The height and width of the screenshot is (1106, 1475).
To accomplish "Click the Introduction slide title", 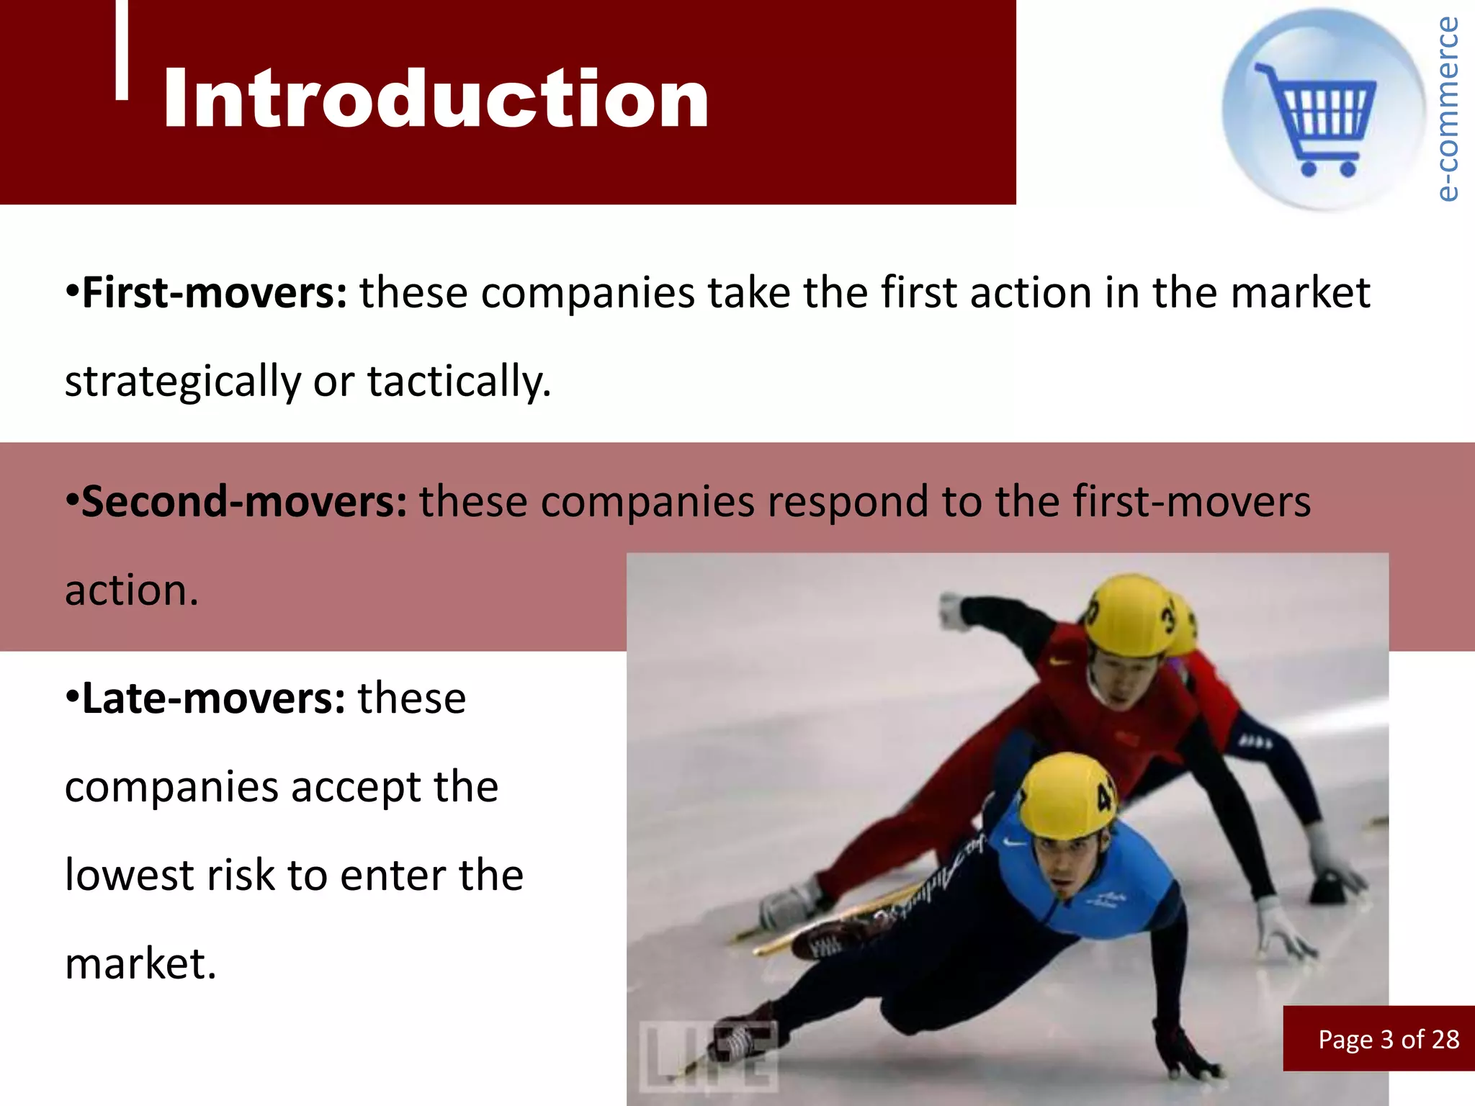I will (x=436, y=99).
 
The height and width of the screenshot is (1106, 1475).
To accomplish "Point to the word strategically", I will (x=182, y=382).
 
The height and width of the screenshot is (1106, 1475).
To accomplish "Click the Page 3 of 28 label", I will (x=1388, y=1039).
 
